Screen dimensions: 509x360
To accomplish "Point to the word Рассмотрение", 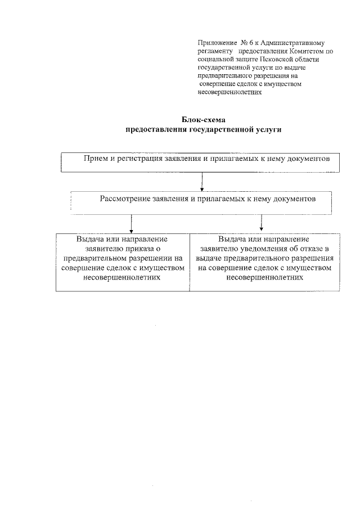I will click(x=127, y=199).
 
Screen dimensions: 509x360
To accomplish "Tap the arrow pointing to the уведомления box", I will click(x=262, y=223).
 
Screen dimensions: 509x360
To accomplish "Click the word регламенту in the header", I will click(x=215, y=51).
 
